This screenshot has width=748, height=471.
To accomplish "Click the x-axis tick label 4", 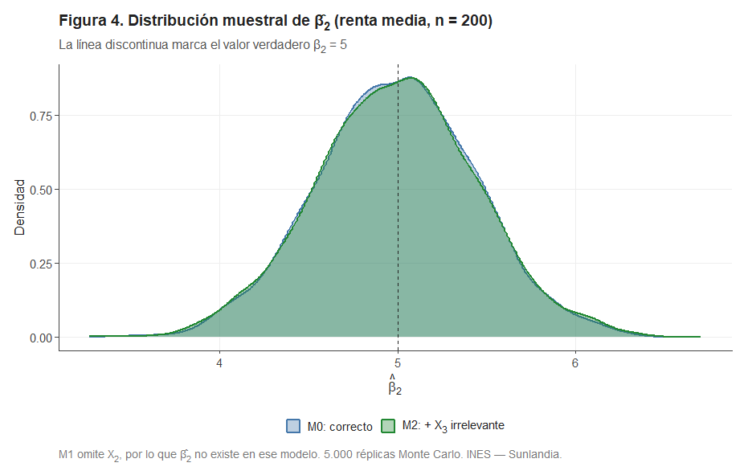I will pos(220,362).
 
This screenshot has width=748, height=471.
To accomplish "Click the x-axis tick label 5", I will pos(398,362).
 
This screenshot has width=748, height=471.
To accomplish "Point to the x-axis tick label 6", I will pos(575,362).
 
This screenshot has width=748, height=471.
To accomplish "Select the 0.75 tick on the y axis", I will pos(40,116).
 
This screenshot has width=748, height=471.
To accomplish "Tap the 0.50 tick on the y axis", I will pos(40,190).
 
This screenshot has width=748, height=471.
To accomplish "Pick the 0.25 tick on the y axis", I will pos(40,264).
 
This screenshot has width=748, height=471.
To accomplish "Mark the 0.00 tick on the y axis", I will pos(40,338).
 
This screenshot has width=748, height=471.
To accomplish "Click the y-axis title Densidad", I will pos(20,207).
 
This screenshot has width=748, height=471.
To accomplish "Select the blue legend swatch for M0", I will pos(293,426).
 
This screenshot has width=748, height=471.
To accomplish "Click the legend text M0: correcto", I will pos(340,426).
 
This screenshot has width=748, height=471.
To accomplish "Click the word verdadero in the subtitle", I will pos(274,45).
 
